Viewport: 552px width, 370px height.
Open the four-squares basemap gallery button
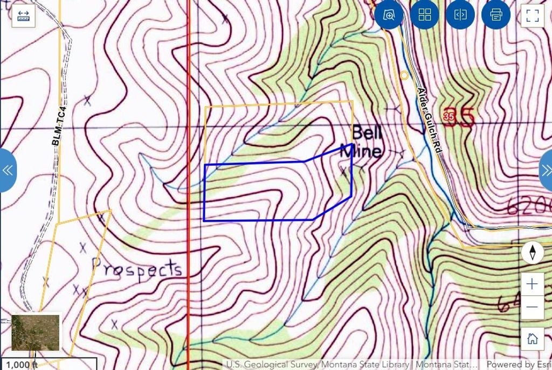coord(425,15)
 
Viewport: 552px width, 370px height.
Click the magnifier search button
coord(389,15)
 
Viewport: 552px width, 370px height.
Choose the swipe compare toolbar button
coord(460,15)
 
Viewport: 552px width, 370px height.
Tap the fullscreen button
coord(533,15)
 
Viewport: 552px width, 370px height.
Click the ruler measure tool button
coord(23,16)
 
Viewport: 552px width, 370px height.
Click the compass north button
coord(533,252)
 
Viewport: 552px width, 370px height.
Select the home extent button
coord(533,339)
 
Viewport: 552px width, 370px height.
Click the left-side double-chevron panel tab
coord(8,170)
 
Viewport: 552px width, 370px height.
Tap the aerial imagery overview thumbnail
coord(36,332)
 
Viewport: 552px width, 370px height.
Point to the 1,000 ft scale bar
coord(49,364)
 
